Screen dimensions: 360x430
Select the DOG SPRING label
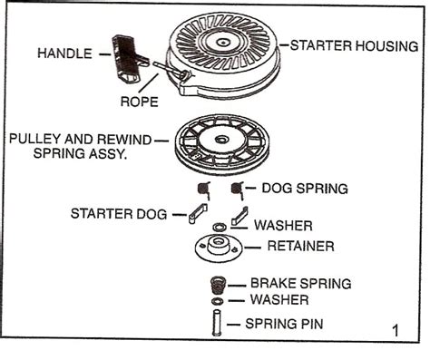[304, 189]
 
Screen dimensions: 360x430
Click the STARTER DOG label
[118, 213]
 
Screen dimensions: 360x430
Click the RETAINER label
[300, 245]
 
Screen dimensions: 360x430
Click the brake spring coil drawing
[218, 284]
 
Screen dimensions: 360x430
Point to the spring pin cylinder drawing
[218, 324]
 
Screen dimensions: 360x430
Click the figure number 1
[395, 331]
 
